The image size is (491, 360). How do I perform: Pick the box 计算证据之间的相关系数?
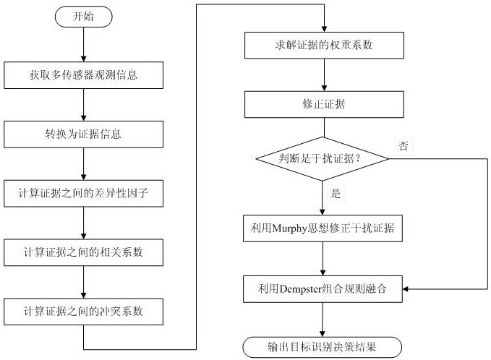tap(85, 252)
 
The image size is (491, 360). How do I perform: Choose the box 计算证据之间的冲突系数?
tap(85, 312)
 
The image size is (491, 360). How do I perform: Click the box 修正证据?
tap(323, 105)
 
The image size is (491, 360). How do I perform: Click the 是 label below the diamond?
tap(336, 194)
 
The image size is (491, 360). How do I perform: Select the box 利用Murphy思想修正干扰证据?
tap(323, 228)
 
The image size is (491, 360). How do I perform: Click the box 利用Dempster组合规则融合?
tap(323, 288)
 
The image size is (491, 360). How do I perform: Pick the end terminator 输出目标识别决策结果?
tap(323, 346)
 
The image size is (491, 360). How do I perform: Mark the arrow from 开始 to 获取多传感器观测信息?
tap(85, 46)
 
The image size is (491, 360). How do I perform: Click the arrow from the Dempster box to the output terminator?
tap(323, 318)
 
